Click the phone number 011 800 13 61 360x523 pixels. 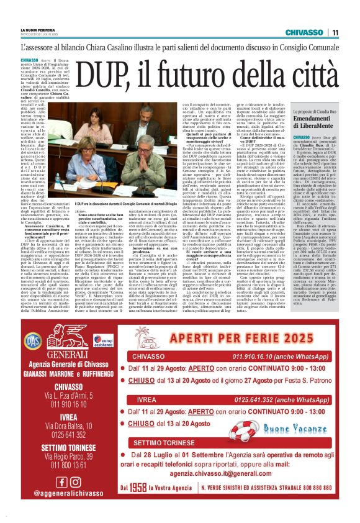[x=68, y=465]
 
